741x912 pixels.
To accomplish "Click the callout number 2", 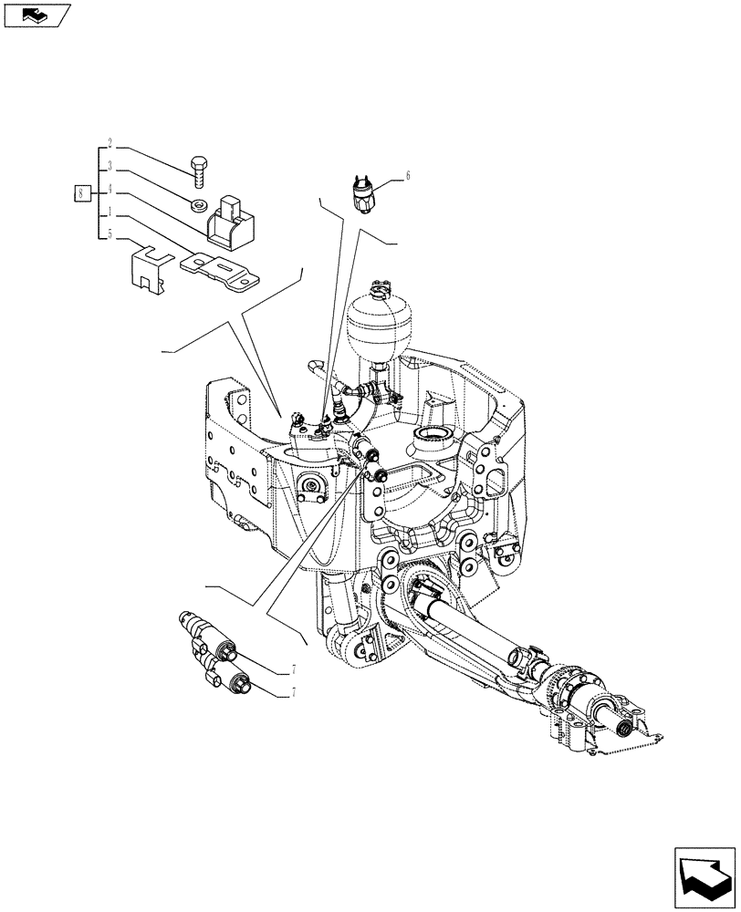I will click(110, 143).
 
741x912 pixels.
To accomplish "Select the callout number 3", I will click(110, 167).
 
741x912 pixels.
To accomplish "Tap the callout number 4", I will click(110, 190).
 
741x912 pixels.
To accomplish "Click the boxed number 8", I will click(82, 192).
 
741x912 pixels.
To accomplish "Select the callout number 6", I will click(408, 176).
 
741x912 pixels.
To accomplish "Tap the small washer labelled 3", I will click(198, 203).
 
